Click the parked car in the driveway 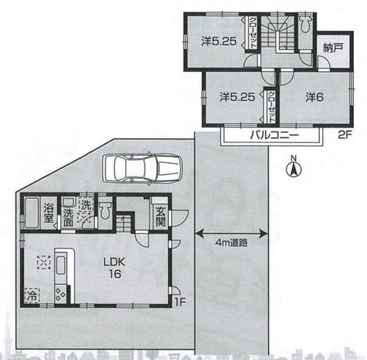point(142,168)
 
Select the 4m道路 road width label point(231,242)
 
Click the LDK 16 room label point(115,268)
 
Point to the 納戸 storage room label point(333,48)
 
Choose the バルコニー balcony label point(275,135)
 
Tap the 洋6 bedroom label point(314,97)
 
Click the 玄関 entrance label point(161,217)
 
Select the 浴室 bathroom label point(48,212)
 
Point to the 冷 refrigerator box point(32,295)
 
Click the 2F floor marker point(345,135)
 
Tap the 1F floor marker point(180,302)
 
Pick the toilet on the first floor point(106,211)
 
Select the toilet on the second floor point(305,24)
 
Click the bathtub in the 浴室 point(32,212)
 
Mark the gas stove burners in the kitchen point(60,294)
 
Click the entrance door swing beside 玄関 point(180,217)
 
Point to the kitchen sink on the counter point(61,266)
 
